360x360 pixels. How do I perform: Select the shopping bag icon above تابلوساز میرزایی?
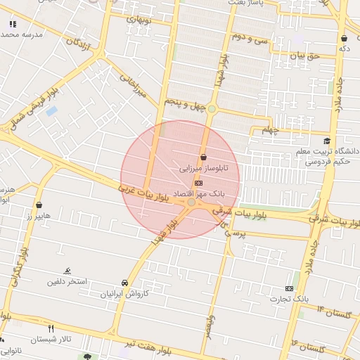[x=203, y=157]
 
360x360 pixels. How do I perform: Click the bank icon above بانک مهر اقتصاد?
[x=198, y=183]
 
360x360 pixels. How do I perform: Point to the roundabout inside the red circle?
[x=192, y=202]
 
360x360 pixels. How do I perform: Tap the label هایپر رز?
[x=35, y=217]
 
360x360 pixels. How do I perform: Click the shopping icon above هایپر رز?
[x=39, y=205]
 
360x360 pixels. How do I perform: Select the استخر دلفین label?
[x=67, y=282]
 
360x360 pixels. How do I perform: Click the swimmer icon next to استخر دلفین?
[x=67, y=271]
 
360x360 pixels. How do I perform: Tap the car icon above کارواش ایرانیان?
[x=125, y=283]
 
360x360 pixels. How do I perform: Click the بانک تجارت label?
[x=289, y=299]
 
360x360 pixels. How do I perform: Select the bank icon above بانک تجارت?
[x=289, y=288]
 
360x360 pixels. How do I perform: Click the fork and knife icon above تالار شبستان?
[x=50, y=328]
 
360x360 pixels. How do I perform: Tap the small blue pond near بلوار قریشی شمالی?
[x=52, y=111]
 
